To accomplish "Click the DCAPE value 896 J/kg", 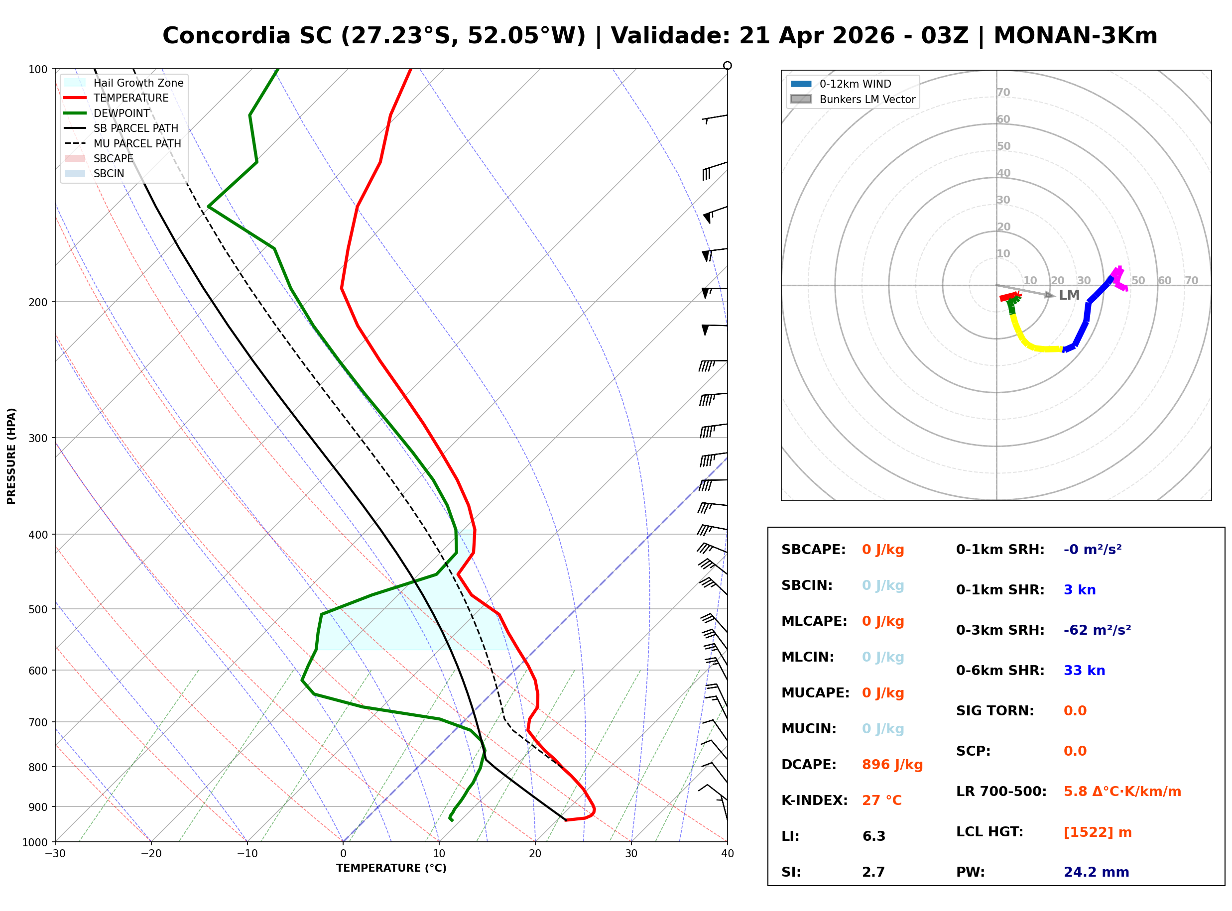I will coord(892,765).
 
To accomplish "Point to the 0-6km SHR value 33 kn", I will coord(1084,671).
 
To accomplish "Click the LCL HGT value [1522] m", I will coord(1097,832).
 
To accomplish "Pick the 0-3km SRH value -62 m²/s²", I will coord(1097,630).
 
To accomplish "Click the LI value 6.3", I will coord(873,836).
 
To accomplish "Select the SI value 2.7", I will coord(873,872).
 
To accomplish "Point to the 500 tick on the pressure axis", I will coord(38,609).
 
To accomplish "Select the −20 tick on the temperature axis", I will coord(150,854).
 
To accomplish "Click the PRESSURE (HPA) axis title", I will coord(11,456).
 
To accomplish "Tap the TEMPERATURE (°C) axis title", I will coord(391,868).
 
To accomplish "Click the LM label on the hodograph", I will coord(1069,295).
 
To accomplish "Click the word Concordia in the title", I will coord(226,36).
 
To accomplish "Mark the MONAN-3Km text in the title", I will coord(1075,36).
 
